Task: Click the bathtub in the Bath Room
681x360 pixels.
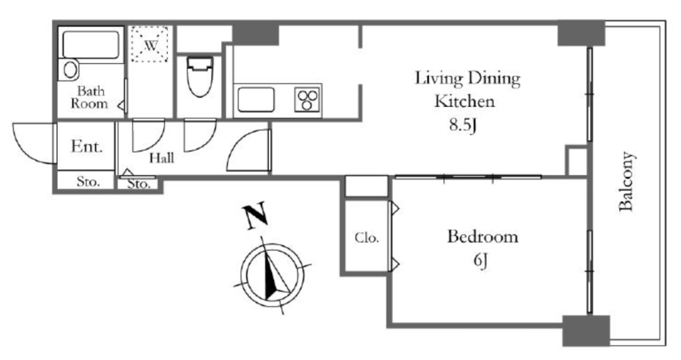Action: pos(90,45)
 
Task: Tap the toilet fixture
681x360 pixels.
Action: pos(200,77)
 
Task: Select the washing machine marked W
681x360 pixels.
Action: pos(150,44)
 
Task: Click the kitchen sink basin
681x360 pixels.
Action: pos(256,100)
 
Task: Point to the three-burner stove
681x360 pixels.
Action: pos(307,100)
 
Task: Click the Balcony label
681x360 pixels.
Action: pos(626,181)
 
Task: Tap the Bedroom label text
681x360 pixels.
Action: pos(483,237)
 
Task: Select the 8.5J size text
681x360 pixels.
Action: pos(463,126)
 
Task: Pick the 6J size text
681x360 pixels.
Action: pos(480,261)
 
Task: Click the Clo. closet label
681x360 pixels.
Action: pos(366,238)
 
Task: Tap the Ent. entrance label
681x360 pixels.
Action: pos(87,146)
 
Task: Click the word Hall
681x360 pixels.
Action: pos(162,158)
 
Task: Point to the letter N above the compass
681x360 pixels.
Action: pos(255,215)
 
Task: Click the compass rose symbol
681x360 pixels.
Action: pos(273,275)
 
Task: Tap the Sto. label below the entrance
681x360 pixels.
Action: pos(88,181)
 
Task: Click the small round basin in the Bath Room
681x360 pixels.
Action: pos(69,70)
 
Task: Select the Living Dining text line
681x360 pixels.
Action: pos(468,79)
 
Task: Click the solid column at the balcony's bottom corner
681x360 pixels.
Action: pos(587,331)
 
